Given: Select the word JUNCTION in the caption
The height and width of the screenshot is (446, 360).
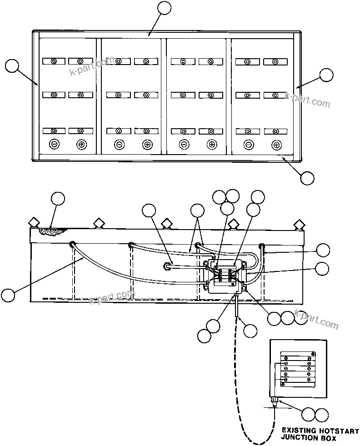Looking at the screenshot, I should point(300,438).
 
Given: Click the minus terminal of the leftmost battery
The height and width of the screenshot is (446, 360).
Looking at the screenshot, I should point(54,145).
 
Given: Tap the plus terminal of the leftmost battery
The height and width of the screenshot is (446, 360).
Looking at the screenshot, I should point(81,145).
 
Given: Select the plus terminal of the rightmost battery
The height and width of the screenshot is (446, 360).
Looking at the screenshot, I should point(276,145).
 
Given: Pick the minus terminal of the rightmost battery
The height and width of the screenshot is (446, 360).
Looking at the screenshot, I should point(249,145).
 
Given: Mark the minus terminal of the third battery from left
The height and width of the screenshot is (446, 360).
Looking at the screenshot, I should point(184,145).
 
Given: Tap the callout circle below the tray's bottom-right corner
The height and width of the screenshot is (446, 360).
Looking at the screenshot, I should point(307,178).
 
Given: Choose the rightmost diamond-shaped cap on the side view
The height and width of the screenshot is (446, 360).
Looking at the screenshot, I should point(299,224).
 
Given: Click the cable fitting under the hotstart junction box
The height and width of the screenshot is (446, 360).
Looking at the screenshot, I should point(275,401).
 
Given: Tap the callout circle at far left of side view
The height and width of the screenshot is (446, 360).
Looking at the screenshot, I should point(8,295).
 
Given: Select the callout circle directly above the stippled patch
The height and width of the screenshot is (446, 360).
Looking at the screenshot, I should point(57,199).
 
